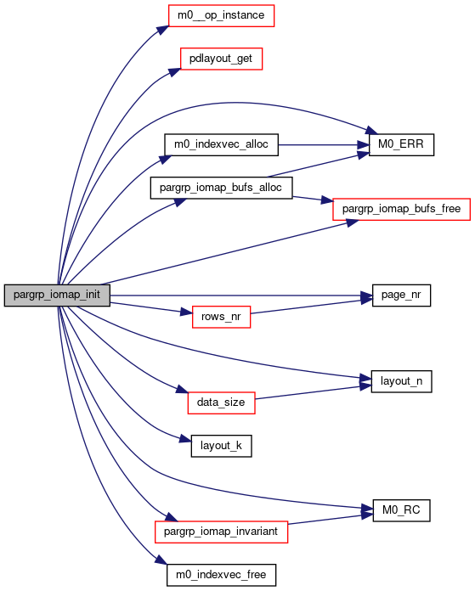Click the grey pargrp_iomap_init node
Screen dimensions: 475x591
tap(57, 295)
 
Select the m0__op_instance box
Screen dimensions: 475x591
tap(221, 15)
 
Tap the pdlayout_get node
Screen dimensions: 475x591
tap(221, 59)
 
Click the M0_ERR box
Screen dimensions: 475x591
tap(401, 144)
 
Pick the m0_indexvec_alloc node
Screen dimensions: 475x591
tap(221, 144)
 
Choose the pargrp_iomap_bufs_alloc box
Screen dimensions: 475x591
tap(221, 188)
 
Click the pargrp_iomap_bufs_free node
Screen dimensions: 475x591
tap(401, 209)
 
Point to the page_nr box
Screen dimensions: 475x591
tap(401, 295)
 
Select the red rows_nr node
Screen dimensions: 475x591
tap(221, 317)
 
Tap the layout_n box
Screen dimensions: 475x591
tap(401, 381)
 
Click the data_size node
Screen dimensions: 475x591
tap(221, 403)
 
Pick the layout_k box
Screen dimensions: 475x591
tap(221, 446)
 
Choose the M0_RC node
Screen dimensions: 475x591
tap(401, 510)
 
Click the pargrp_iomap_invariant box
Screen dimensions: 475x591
tap(221, 532)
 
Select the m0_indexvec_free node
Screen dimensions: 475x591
tap(221, 575)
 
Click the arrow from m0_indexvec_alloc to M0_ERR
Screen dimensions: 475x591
tap(324, 144)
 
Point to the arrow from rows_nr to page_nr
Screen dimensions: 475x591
tap(311, 307)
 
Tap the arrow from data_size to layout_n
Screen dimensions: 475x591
tap(313, 392)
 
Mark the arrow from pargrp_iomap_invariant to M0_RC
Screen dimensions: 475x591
tap(331, 519)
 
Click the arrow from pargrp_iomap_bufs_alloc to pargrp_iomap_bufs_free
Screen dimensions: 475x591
tap(313, 199)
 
